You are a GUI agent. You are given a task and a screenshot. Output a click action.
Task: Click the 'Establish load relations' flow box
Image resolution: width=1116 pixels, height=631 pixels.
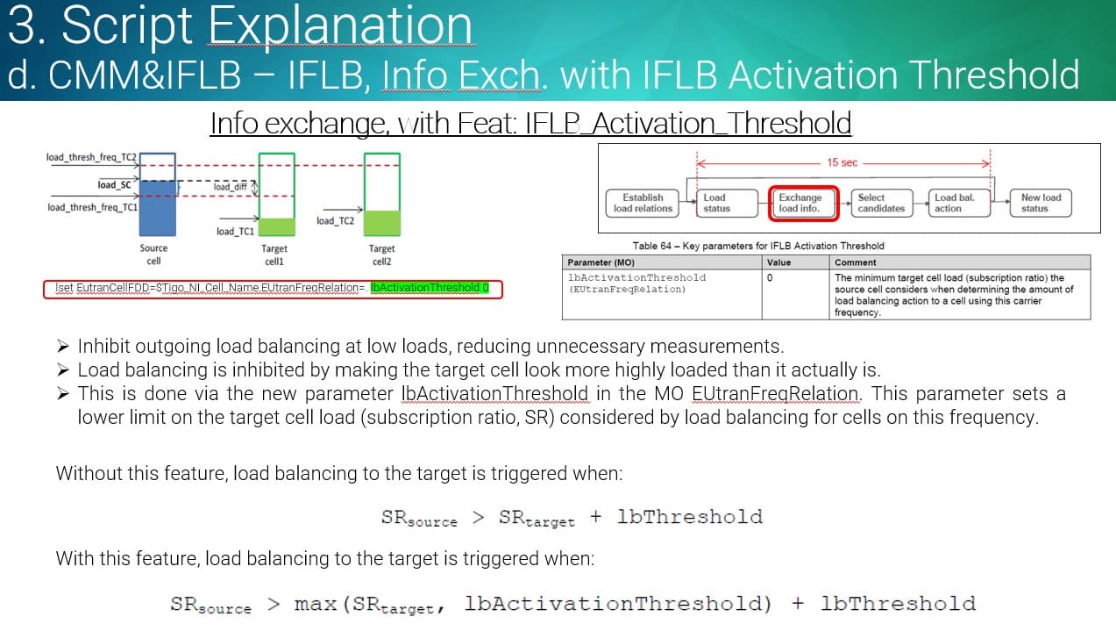point(643,203)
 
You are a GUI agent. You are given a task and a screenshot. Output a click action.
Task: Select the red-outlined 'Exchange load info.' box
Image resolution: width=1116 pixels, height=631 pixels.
point(804,203)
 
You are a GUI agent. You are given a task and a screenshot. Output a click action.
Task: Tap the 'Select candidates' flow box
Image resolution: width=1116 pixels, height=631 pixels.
point(881,203)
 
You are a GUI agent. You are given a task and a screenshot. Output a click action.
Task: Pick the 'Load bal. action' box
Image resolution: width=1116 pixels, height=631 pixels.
point(959,203)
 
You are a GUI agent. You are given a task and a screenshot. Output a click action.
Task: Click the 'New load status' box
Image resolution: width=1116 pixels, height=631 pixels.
point(1041,203)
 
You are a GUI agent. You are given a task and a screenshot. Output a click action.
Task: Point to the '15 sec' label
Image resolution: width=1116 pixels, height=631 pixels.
point(842,162)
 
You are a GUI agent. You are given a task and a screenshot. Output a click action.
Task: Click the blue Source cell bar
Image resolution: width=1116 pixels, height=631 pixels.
point(158,208)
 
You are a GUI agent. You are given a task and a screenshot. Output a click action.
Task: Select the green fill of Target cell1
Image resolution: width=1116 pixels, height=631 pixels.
point(277,227)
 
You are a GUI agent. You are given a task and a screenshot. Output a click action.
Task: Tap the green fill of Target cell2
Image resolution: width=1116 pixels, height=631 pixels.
point(382,223)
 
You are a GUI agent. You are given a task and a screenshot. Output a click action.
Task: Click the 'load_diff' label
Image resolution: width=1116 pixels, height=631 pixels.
point(231,187)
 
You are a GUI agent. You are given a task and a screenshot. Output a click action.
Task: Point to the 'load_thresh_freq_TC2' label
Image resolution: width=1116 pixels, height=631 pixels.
point(91,157)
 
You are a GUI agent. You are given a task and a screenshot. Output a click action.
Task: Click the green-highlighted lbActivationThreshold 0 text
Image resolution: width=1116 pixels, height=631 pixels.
point(430,288)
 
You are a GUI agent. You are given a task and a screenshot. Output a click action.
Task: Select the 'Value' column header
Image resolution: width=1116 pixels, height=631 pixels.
point(778,262)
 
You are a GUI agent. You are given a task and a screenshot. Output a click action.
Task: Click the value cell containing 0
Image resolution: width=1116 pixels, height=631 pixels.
point(770,278)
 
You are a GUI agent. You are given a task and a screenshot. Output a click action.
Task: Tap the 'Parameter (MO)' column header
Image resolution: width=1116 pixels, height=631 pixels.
point(601,262)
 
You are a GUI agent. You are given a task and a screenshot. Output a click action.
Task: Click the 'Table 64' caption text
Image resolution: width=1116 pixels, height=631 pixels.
point(758,246)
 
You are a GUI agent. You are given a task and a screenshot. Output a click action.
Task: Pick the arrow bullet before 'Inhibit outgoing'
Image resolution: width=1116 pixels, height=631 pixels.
point(63,346)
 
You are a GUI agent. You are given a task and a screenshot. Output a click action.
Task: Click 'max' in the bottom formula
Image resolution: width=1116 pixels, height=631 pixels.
point(316,604)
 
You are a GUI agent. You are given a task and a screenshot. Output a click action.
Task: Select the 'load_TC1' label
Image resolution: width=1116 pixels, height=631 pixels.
point(235,232)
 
